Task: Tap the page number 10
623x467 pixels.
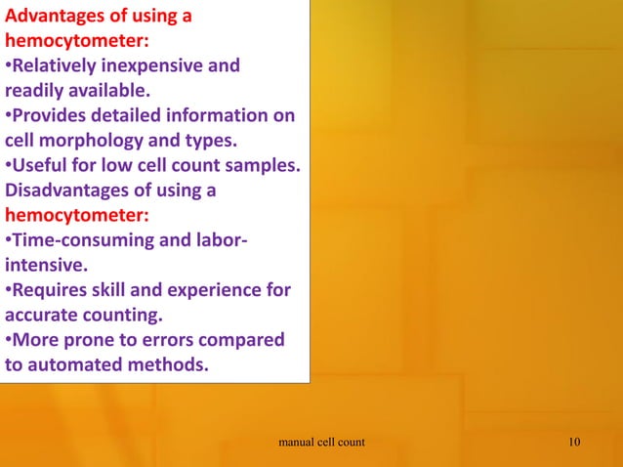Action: point(574,443)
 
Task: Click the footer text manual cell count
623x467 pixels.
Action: point(321,443)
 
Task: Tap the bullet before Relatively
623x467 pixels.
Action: point(9,66)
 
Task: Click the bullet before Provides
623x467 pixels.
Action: point(9,116)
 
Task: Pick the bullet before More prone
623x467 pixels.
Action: point(9,340)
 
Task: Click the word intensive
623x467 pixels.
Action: point(42,266)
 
